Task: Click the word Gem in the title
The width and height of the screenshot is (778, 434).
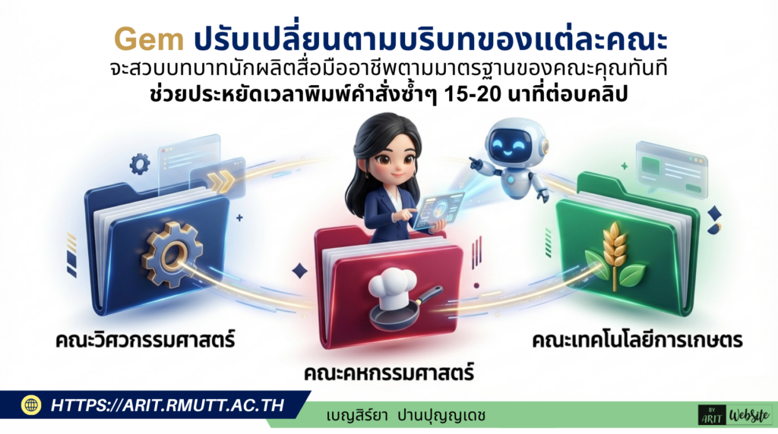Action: point(149,37)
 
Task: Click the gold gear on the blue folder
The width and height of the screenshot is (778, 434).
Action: point(171,254)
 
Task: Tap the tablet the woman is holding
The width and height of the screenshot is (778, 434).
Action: point(438,208)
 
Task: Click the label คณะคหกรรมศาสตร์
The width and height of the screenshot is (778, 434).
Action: point(389,373)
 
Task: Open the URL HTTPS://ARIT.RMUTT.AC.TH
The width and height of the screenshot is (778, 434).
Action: point(167,405)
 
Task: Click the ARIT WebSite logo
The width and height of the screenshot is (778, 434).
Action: point(733,414)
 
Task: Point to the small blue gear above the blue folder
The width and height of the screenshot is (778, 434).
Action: point(140,164)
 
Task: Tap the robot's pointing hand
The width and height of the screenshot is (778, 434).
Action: point(474,162)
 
